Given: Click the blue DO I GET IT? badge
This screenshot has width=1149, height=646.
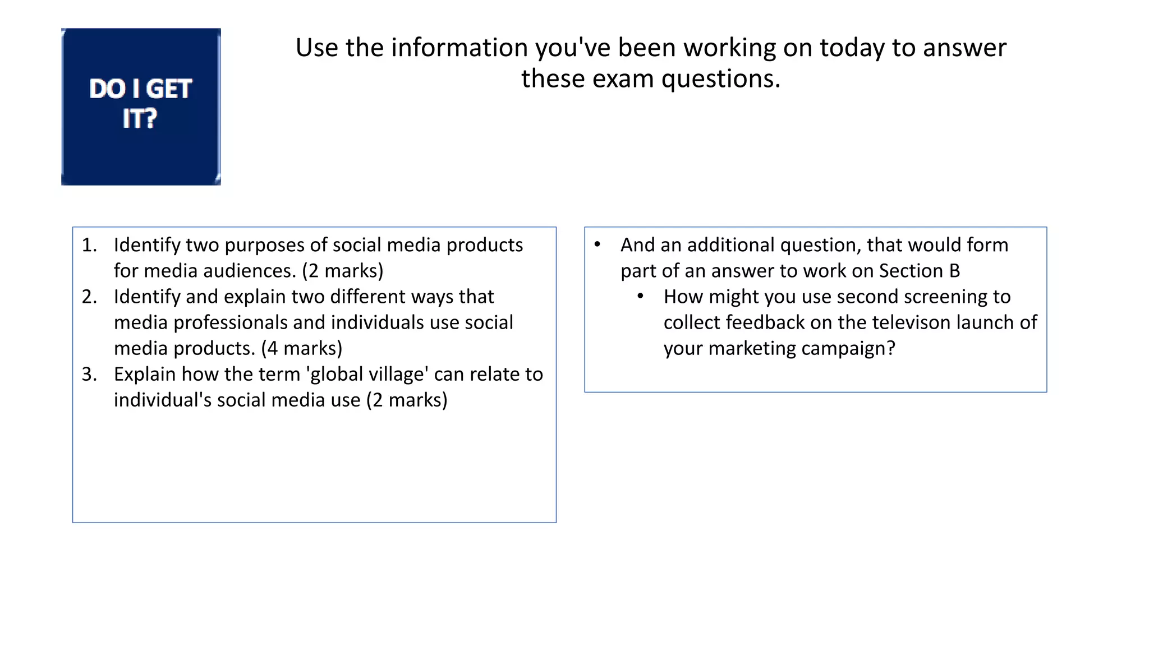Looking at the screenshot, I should [x=141, y=107].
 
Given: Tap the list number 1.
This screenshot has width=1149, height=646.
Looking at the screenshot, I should [x=89, y=245].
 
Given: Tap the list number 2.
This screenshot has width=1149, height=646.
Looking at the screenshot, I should [x=89, y=297].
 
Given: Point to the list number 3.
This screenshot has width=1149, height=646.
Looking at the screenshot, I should [x=89, y=374].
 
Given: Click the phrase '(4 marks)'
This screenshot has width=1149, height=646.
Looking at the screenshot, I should [x=302, y=348].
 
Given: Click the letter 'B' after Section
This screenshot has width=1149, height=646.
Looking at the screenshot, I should [x=954, y=271].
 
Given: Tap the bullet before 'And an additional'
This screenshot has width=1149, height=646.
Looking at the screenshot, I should [x=598, y=244].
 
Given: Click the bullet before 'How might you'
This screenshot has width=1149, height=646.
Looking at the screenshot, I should [x=640, y=296].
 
